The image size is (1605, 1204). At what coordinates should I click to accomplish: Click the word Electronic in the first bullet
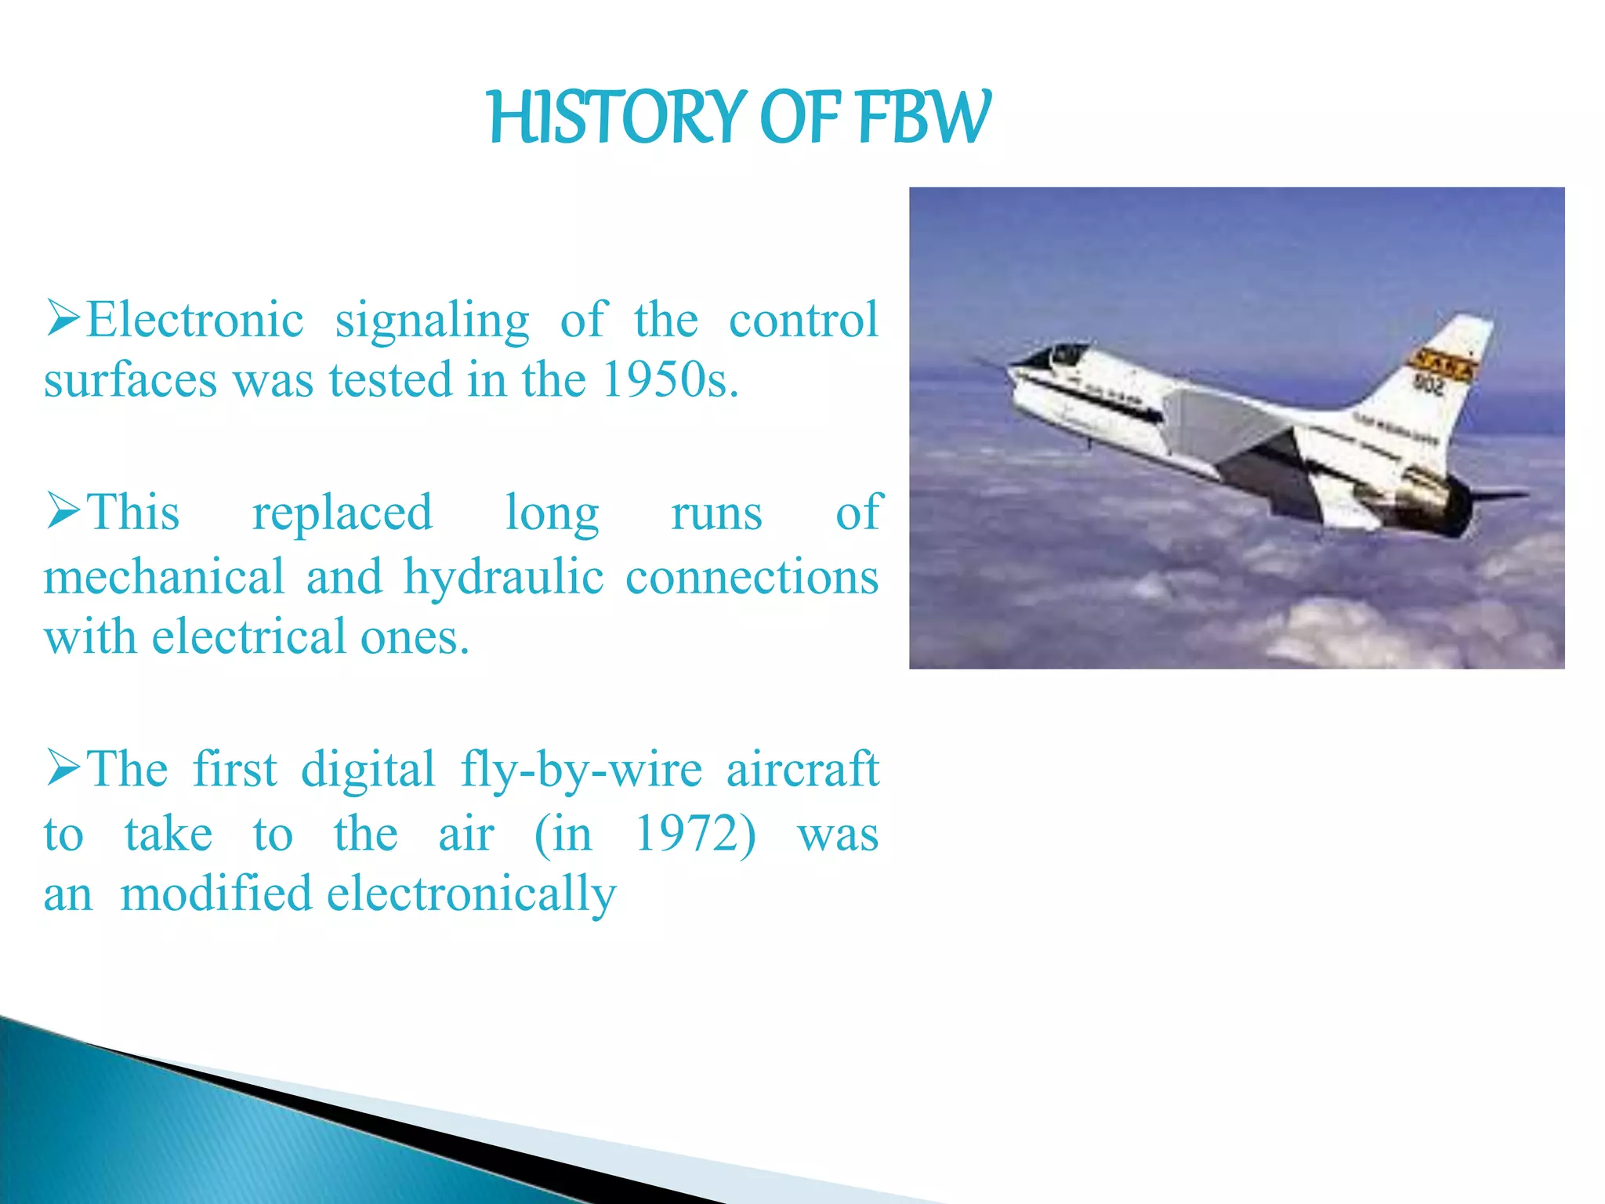click(194, 321)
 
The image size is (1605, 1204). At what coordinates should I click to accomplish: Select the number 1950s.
click(670, 381)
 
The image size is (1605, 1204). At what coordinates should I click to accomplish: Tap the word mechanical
click(164, 577)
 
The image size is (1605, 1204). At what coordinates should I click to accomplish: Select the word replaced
click(342, 513)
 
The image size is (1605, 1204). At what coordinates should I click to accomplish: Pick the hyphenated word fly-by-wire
click(581, 771)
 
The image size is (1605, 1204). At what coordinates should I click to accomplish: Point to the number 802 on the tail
click(1429, 383)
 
